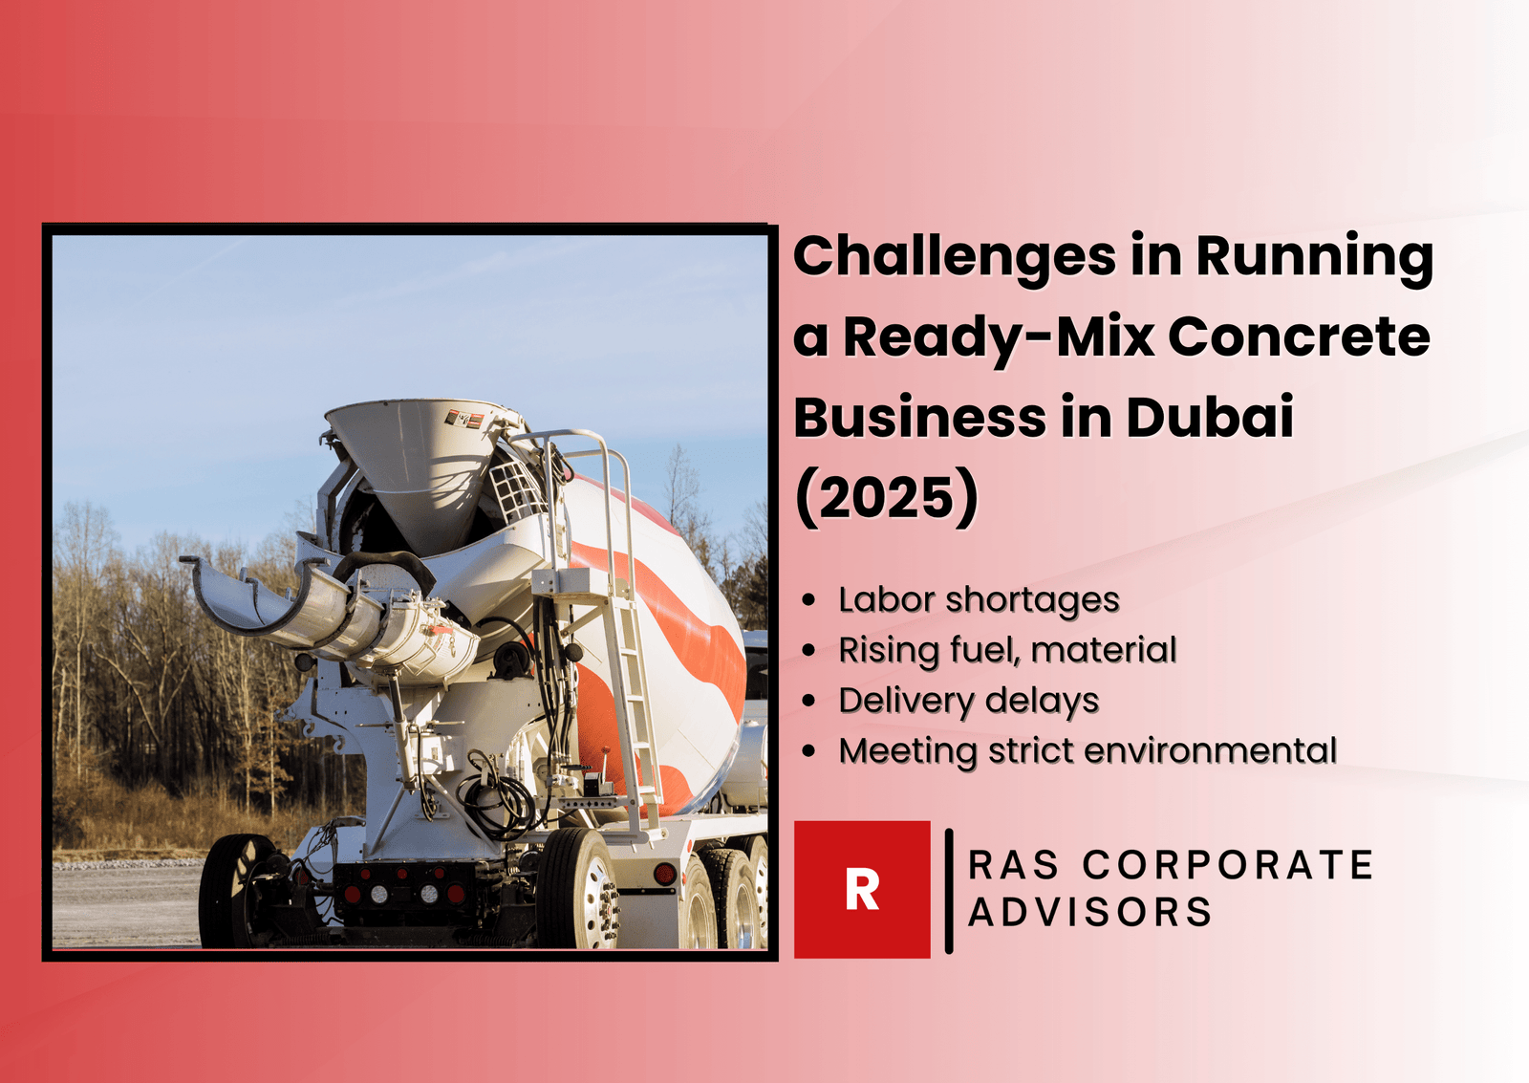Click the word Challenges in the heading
[x=954, y=256]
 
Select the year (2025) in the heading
[x=887, y=497]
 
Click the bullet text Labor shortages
[x=979, y=600]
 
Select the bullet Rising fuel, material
[x=1007, y=650]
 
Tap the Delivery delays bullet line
[x=968, y=701]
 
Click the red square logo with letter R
[x=862, y=889]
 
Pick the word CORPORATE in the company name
[x=1227, y=865]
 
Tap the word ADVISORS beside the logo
[x=1090, y=913]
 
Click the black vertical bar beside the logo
[x=949, y=891]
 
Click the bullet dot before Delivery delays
[x=809, y=701]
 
